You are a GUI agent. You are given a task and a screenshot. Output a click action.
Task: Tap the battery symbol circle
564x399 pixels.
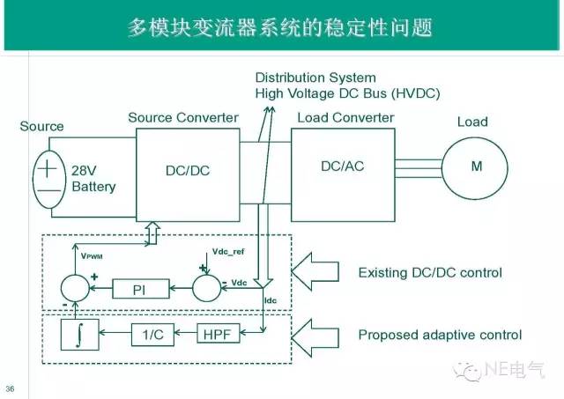(x=49, y=176)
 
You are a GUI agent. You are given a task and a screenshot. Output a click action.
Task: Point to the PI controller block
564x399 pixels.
(x=144, y=287)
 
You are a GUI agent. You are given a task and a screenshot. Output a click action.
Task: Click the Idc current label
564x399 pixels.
(x=271, y=301)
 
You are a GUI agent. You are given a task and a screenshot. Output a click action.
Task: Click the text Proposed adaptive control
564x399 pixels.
(x=440, y=335)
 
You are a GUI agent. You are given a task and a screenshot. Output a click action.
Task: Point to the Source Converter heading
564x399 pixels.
(x=183, y=117)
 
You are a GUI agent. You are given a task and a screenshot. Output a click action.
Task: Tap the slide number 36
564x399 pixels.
(x=10, y=388)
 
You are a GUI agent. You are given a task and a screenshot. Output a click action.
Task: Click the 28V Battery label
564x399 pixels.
(x=93, y=180)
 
